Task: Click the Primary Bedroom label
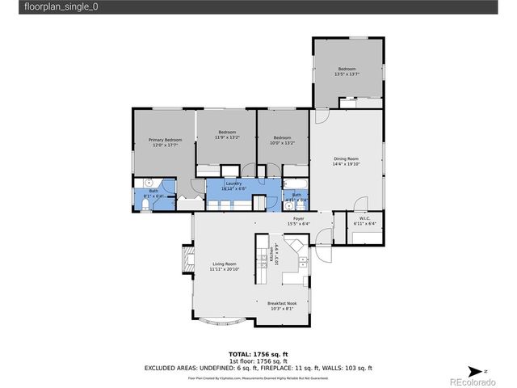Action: point(165,140)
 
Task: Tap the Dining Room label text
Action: point(346,158)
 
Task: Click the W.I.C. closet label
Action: point(364,219)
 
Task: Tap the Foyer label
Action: point(298,219)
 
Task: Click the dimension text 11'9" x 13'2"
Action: point(226,137)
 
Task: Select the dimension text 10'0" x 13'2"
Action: point(282,142)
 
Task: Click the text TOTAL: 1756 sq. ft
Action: point(258,354)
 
